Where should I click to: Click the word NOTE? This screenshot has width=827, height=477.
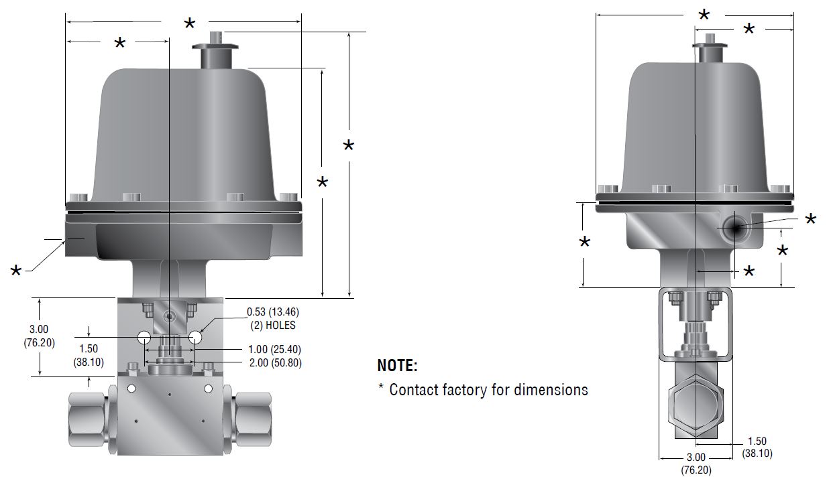397,366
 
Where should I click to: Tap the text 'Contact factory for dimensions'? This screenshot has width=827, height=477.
488,389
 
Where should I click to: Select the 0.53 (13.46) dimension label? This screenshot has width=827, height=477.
272,312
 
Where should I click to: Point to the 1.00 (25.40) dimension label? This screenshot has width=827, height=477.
274,350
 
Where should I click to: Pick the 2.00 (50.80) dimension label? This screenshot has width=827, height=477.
274,363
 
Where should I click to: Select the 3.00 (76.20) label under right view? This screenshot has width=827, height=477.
696,464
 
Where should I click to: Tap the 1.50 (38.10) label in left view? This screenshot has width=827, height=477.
88,355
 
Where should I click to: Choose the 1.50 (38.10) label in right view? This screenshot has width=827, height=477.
757,447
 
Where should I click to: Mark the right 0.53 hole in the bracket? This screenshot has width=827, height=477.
195,338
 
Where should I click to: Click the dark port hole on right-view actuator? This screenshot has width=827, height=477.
735,228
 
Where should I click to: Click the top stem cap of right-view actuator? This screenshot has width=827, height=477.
710,51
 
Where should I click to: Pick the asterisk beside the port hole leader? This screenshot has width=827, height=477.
811,220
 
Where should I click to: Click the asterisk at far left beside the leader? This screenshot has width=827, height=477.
16,271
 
